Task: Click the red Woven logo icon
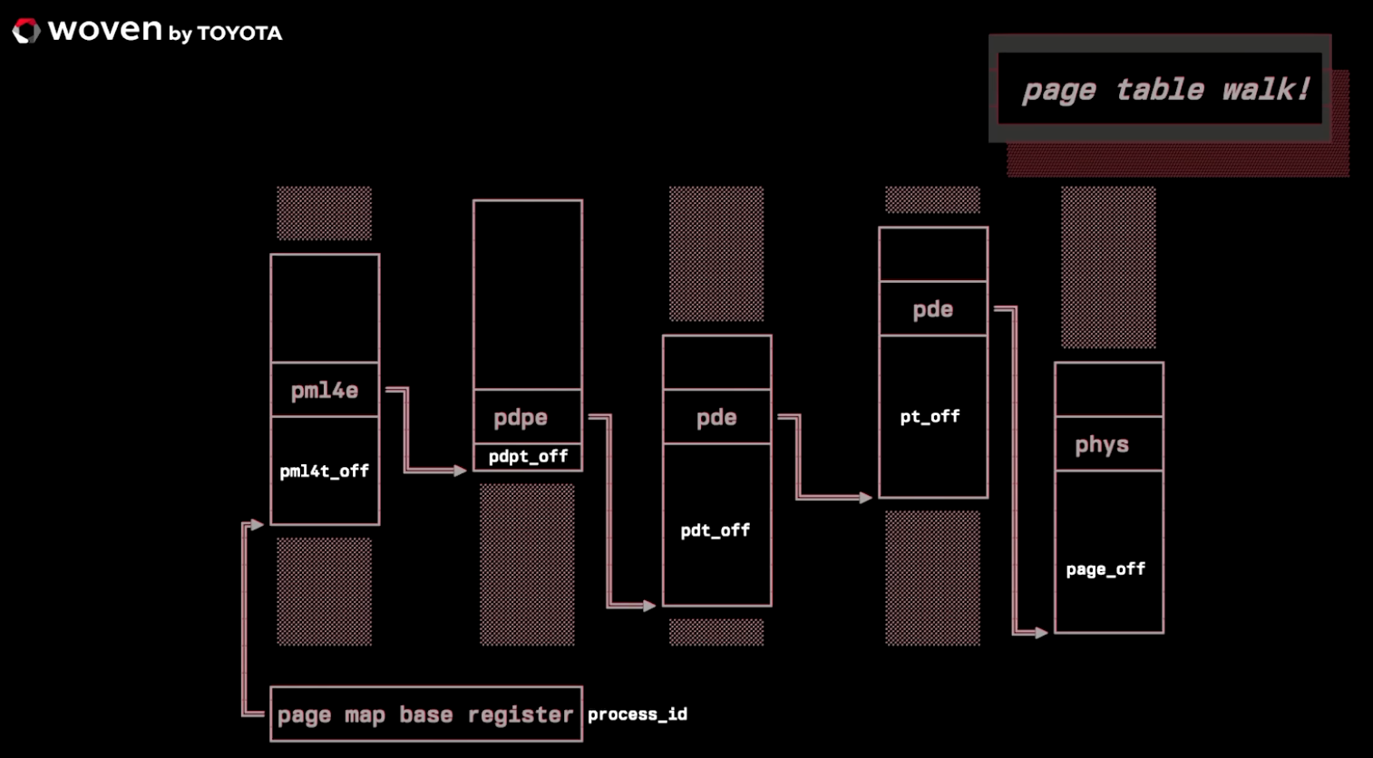[x=26, y=32]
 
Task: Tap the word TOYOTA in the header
[x=239, y=34]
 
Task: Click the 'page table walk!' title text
[x=1165, y=89]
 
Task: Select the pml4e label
[x=325, y=391]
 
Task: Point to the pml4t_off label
[x=325, y=471]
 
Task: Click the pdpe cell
[x=521, y=418]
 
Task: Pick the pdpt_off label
[x=528, y=457]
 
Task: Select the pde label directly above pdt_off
[x=716, y=418]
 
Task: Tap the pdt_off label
[x=716, y=530]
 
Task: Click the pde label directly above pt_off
[x=932, y=310]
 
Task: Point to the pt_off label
[x=930, y=417]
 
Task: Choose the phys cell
[x=1103, y=444]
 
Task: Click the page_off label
[x=1105, y=569]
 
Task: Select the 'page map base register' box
[x=425, y=714]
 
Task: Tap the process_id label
[x=638, y=714]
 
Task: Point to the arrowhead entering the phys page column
[x=1039, y=632]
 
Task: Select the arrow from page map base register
[x=245, y=617]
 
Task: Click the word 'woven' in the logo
[x=105, y=31]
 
